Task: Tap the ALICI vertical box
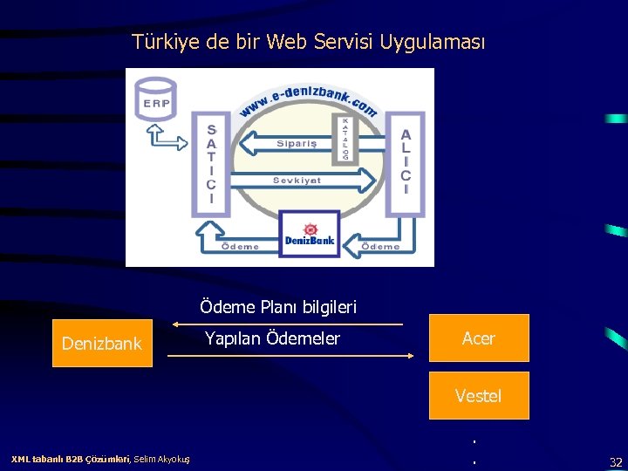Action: pos(405,162)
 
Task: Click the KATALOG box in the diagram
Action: pos(345,138)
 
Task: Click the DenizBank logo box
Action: pos(310,234)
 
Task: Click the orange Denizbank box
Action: pos(102,343)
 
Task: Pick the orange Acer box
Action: pos(479,338)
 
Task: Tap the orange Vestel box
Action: pos(479,396)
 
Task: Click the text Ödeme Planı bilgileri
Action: pos(278,307)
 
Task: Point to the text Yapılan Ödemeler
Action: pos(272,338)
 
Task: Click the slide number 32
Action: pos(616,461)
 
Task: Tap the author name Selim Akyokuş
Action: pos(164,459)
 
